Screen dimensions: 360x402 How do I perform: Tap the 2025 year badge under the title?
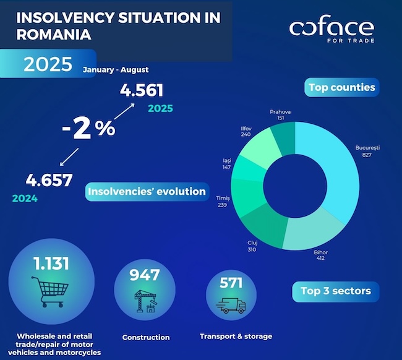point(48,64)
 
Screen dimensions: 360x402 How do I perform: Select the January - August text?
point(116,70)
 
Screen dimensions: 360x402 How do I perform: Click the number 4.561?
point(142,91)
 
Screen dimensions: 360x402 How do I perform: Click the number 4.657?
point(49,181)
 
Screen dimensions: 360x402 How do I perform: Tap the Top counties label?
point(342,87)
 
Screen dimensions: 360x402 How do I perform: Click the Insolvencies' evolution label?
point(147,192)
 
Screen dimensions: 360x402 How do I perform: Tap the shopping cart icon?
point(48,291)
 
